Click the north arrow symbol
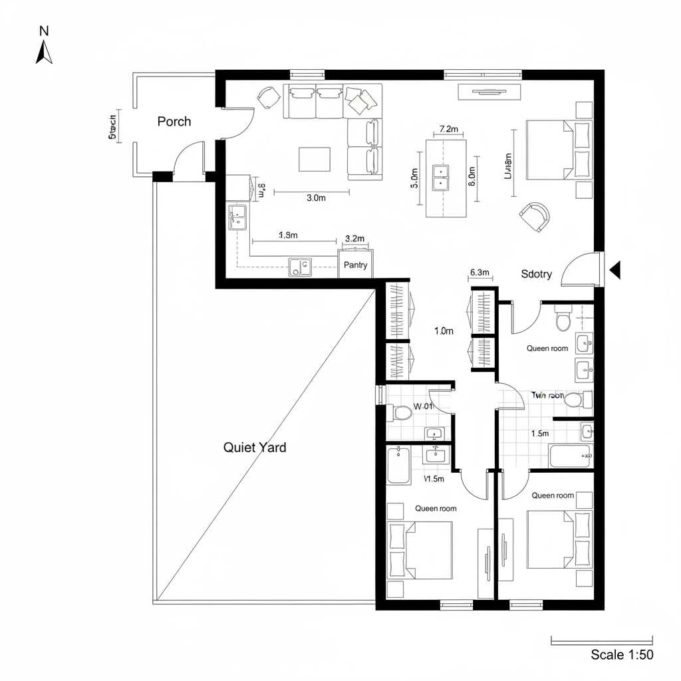pos(44,52)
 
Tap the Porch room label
pos(174,121)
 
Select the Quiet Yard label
pos(255,448)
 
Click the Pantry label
pos(356,265)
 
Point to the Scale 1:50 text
pos(622,654)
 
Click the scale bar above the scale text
pos(603,641)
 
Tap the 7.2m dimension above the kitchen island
pos(450,129)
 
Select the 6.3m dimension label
pos(479,272)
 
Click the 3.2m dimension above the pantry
pos(356,238)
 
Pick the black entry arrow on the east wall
pos(615,269)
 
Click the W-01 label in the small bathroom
pos(424,406)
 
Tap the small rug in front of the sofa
pos(314,159)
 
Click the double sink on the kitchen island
pos(440,177)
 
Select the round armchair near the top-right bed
pos(535,216)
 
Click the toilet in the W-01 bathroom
pos(402,414)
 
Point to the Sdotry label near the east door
pos(536,274)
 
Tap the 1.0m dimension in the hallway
pos(444,331)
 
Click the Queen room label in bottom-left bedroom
pos(436,508)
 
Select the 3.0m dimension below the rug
pos(316,198)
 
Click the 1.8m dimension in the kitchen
pos(287,235)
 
